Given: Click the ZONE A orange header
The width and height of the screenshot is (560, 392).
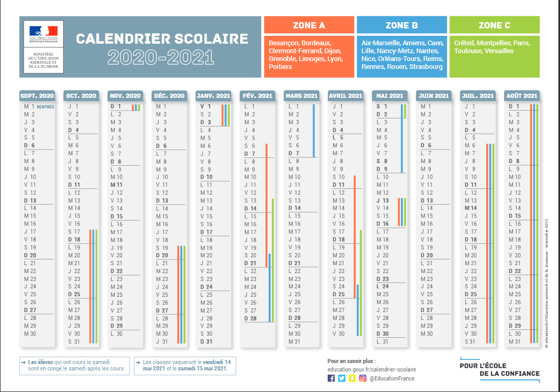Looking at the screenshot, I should [x=309, y=25].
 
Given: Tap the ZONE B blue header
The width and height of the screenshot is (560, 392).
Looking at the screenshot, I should [x=401, y=25].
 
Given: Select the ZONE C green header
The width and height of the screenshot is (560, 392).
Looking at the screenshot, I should [x=494, y=25].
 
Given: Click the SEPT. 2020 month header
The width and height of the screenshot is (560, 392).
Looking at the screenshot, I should [x=37, y=96].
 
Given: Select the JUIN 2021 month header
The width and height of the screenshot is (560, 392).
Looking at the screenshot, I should [x=434, y=96].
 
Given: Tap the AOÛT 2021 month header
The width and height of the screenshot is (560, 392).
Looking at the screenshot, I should [x=522, y=96].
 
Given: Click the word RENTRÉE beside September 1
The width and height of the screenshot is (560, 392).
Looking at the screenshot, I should [x=46, y=107].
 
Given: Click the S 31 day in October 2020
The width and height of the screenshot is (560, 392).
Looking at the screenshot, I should [x=74, y=341].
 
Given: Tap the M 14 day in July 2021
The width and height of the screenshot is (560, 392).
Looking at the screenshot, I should [x=470, y=208].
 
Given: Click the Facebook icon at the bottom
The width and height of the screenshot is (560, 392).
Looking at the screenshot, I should [x=331, y=378].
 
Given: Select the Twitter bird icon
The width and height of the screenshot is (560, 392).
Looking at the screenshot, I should [x=341, y=378].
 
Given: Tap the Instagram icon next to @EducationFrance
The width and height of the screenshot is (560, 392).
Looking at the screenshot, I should [x=362, y=378].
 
